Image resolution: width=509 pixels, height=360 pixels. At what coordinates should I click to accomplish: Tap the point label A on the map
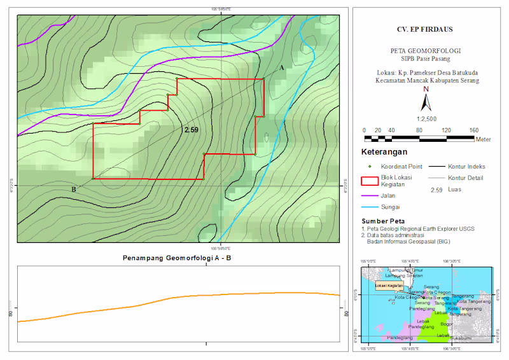pos(281,66)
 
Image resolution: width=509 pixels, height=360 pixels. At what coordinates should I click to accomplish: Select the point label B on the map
pos(74,190)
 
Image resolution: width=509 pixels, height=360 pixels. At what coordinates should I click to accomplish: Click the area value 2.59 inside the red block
pos(191,130)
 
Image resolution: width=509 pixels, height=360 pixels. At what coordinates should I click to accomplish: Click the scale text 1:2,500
pos(426,119)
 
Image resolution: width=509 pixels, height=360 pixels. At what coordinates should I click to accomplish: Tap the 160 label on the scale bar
pos(473,130)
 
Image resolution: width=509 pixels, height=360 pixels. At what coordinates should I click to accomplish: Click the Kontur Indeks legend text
pos(467,166)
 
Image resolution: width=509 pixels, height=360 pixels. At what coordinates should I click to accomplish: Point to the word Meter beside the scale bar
pos(483,139)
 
